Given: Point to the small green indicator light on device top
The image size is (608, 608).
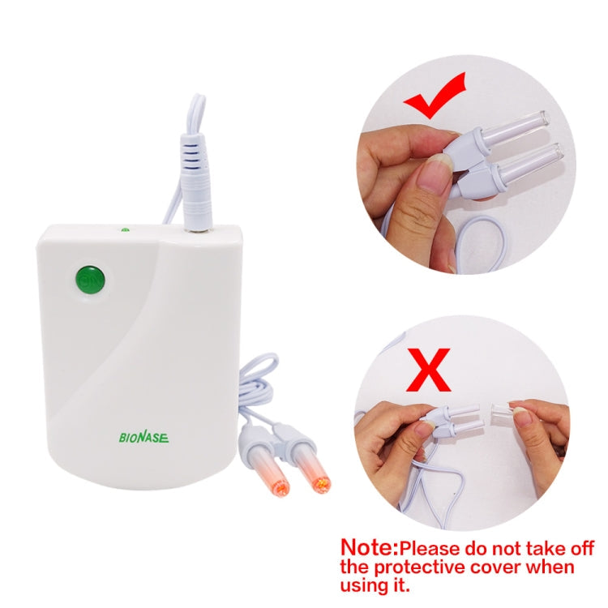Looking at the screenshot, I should (125, 229).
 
